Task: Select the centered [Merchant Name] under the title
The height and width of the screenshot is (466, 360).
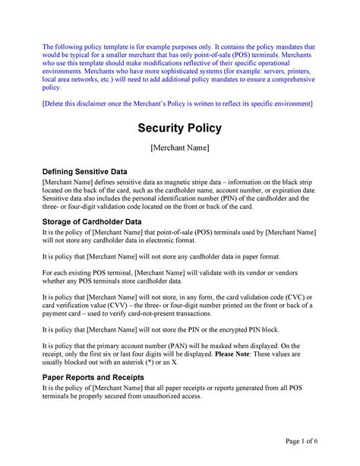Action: point(179,147)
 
